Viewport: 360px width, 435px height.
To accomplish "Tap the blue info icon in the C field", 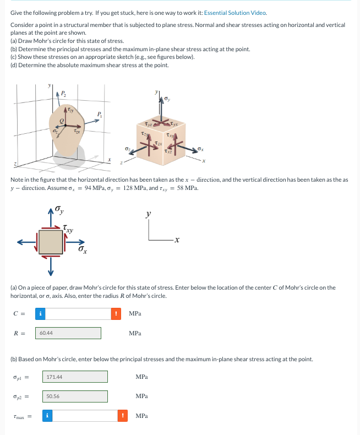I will (x=41, y=313).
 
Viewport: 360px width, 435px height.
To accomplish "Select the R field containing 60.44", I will (x=68, y=333).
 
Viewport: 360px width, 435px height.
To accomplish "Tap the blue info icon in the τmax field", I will (x=48, y=416).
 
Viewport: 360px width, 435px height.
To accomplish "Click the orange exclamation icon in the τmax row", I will (x=124, y=416).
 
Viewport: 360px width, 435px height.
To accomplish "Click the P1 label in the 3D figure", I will (x=100, y=115).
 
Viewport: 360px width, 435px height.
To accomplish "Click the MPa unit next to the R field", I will (x=135, y=333).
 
